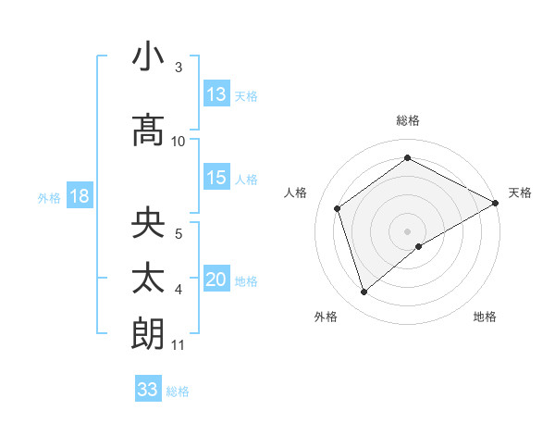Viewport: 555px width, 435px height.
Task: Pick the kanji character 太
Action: click(148, 278)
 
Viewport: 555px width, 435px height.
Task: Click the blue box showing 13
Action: click(216, 94)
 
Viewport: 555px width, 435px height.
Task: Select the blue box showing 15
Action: click(216, 178)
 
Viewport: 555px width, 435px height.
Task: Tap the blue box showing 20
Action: click(216, 280)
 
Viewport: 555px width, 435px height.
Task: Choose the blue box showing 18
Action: click(79, 196)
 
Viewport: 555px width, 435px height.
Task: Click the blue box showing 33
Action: click(148, 390)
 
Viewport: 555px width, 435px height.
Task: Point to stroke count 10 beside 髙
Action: click(179, 141)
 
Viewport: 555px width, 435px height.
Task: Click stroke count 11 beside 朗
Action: click(179, 345)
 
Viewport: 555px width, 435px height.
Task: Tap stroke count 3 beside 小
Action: click(179, 68)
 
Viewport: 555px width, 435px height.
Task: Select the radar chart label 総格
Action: click(407, 120)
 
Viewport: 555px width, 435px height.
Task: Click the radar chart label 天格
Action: click(520, 193)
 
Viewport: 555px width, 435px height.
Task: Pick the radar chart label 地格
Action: click(485, 317)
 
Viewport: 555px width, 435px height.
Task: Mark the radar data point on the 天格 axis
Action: click(496, 202)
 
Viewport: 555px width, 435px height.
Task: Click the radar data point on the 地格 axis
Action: click(419, 246)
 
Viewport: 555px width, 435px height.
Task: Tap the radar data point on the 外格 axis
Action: click(364, 292)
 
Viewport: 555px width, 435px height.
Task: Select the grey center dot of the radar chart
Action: click(407, 230)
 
